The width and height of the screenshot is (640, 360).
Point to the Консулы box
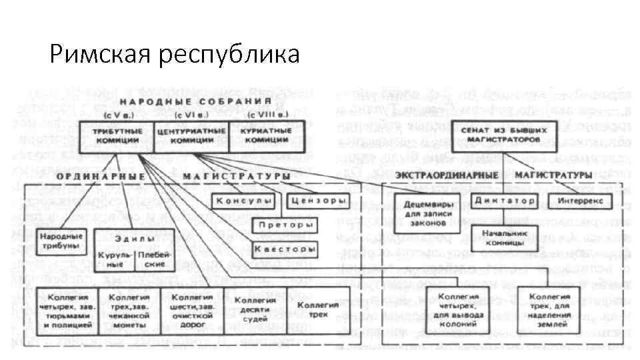[x=244, y=201]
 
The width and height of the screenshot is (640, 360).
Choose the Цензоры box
[x=319, y=201]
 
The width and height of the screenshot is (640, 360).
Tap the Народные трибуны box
[x=60, y=241]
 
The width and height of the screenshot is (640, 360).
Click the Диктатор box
[x=505, y=201]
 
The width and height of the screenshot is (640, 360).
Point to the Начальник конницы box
[x=501, y=237]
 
